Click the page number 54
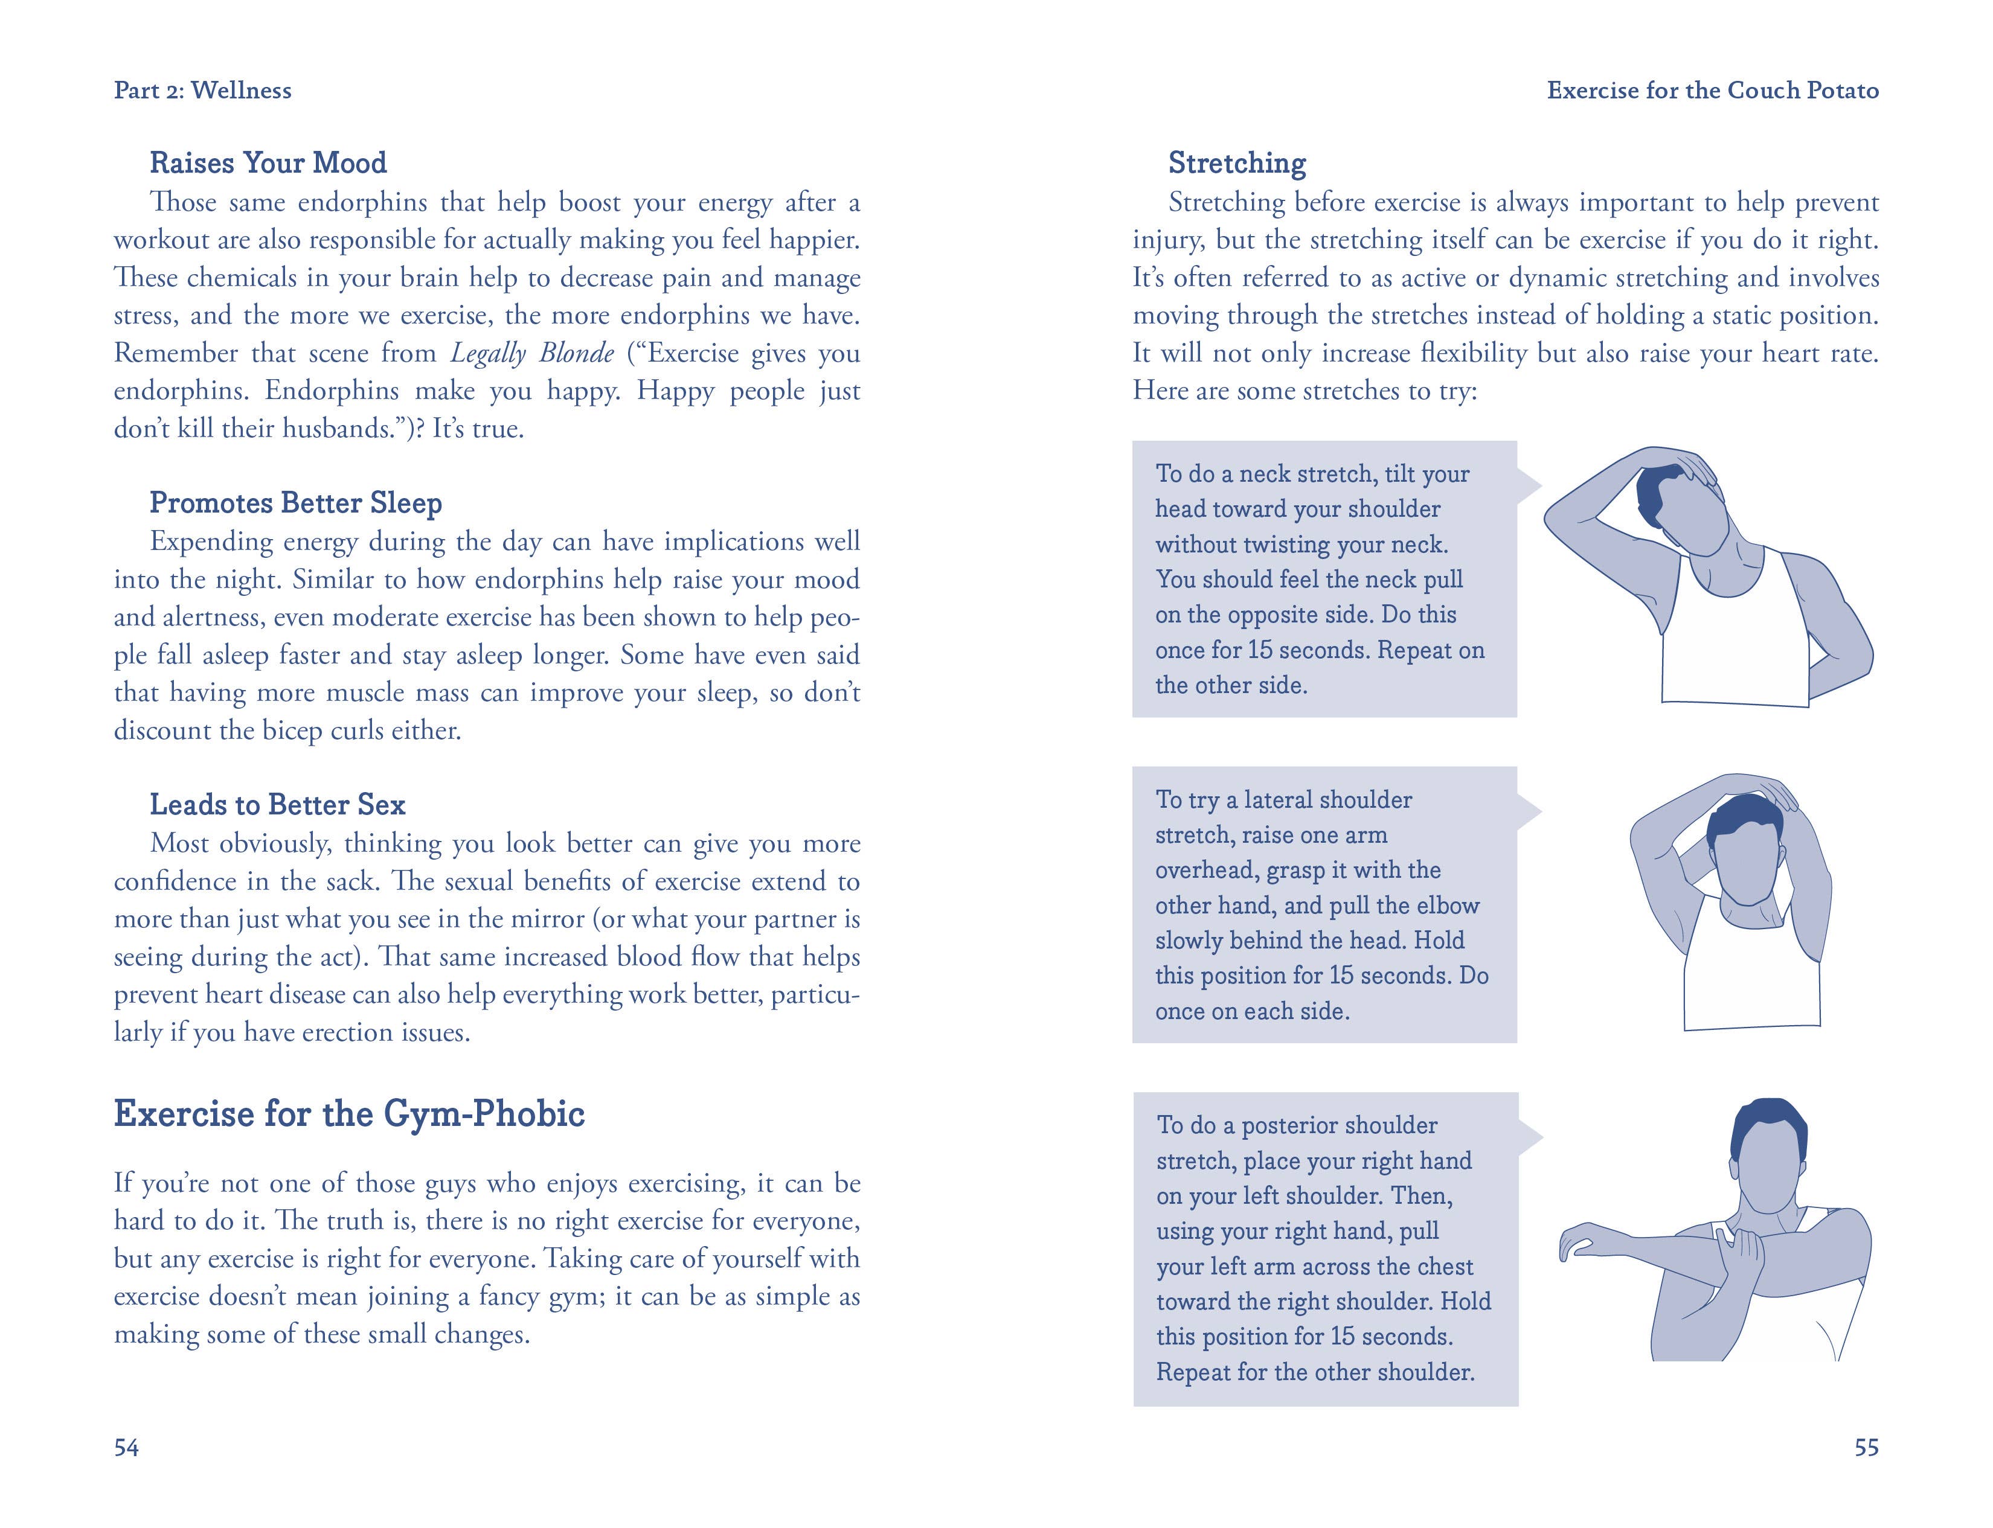point(126,1447)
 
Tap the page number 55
point(1866,1447)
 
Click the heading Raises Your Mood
point(268,163)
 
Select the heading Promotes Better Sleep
point(296,503)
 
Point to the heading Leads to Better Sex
point(277,805)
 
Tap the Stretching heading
point(1237,163)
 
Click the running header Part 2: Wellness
point(202,90)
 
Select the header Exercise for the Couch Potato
point(1713,90)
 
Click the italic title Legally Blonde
point(532,353)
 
